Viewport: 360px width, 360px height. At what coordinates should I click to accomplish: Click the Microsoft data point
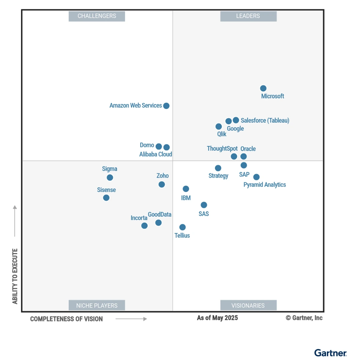[263, 88]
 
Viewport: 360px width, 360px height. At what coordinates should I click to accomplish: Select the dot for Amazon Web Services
[166, 106]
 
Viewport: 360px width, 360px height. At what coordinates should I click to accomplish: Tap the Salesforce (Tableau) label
[265, 120]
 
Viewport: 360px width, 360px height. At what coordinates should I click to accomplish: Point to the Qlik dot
[219, 127]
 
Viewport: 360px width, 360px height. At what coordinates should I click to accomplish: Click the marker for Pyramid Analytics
[256, 177]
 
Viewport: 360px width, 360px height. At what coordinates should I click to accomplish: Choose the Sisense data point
[106, 198]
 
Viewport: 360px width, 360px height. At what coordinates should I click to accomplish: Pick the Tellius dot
[182, 227]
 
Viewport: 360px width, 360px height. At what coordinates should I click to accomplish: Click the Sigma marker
[110, 178]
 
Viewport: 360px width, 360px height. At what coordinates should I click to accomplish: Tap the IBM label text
[186, 198]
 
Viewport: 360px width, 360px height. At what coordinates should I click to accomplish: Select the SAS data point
[204, 205]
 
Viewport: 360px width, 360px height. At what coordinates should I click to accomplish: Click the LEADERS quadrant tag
[248, 16]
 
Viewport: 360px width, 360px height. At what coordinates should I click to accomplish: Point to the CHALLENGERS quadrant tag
[97, 16]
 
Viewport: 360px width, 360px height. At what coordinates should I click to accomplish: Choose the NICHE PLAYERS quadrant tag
[97, 305]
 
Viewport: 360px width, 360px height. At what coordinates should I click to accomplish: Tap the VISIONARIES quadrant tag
[248, 305]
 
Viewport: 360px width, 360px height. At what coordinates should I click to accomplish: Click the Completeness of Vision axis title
[67, 319]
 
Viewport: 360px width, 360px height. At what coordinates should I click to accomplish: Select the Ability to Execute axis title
[15, 276]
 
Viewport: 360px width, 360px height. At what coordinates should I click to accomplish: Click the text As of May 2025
[217, 318]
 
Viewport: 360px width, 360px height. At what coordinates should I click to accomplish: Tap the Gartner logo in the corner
[330, 353]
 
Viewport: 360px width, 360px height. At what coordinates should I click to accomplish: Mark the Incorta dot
[144, 226]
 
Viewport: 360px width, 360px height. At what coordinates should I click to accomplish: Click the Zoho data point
[162, 184]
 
